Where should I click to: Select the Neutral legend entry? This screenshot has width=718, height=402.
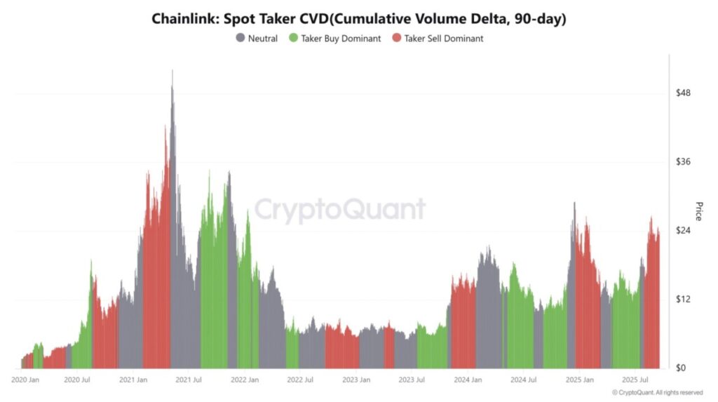(263, 39)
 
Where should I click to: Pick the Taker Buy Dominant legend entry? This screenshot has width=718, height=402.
(341, 39)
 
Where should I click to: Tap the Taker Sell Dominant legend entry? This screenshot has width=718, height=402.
(444, 39)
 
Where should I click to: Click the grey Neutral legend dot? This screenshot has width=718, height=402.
(241, 39)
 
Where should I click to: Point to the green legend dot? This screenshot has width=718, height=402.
(293, 39)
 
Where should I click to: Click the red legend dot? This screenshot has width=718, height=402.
(397, 39)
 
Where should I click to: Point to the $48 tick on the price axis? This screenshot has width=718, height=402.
(682, 93)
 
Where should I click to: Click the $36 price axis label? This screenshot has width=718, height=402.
(682, 162)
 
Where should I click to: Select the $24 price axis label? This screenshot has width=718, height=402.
(682, 231)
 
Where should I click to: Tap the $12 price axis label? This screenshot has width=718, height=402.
(682, 300)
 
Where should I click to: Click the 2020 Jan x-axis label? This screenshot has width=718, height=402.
(25, 380)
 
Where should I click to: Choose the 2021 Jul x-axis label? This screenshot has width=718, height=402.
(189, 380)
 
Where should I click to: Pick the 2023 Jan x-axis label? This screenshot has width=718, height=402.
(356, 380)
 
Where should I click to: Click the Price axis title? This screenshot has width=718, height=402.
(698, 211)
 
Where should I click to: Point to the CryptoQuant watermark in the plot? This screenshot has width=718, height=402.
(339, 209)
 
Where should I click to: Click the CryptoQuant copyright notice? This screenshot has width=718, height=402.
(657, 393)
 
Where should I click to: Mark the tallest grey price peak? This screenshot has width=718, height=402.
(172, 72)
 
